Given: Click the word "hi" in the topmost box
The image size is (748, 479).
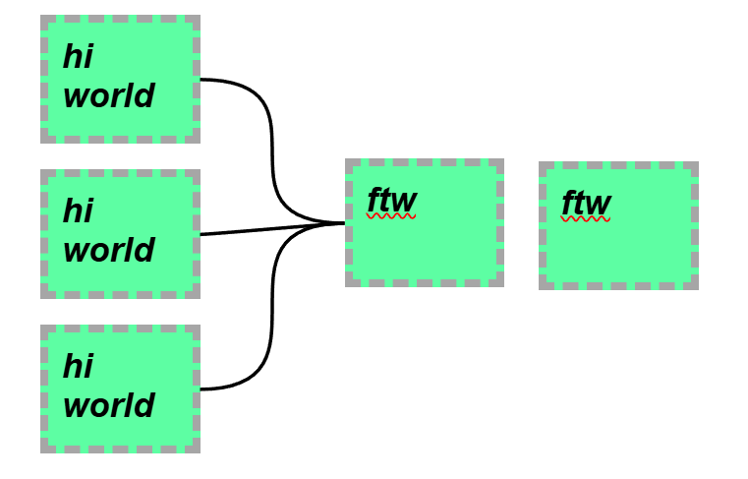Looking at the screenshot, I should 78,57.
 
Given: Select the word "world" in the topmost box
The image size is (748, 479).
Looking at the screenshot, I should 108,96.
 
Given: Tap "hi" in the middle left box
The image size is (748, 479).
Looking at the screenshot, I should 78,210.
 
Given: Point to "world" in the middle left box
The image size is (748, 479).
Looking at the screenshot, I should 108,250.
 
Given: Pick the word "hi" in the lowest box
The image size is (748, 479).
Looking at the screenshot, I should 78,366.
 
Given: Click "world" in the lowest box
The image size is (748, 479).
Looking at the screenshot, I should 108,405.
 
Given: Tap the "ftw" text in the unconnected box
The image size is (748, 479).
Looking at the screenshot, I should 586,204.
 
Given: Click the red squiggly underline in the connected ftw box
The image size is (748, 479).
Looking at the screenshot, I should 391,214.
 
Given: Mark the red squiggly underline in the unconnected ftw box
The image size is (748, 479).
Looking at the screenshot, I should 586,219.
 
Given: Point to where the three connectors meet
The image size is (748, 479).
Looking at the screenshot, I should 342,223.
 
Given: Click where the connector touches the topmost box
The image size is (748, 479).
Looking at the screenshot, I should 201,79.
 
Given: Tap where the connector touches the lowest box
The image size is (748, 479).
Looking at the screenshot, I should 201,389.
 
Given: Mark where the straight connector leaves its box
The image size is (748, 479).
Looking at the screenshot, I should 201,234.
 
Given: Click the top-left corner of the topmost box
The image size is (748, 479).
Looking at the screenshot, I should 41,17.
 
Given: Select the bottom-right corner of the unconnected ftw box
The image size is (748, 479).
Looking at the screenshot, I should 697,288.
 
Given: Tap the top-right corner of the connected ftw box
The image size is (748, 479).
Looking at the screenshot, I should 502,160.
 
